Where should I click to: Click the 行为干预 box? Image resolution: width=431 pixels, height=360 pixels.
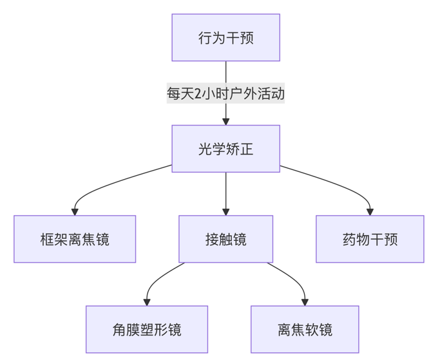coord(225,37)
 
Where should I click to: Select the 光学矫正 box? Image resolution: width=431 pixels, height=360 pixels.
coord(225,149)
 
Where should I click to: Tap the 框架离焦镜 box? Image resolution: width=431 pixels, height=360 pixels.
coord(75,239)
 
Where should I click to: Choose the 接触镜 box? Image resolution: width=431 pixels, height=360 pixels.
coord(225,239)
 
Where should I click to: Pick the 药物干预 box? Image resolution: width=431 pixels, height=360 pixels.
coord(370,239)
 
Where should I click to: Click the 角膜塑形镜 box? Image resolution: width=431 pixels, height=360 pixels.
coord(147,330)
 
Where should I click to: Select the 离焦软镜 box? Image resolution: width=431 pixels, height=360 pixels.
coord(305,330)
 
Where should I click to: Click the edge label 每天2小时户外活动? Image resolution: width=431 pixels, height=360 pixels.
coord(225,93)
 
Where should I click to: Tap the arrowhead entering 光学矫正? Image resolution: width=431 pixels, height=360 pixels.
coord(225,121)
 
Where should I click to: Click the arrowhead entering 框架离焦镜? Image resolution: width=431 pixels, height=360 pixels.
coord(75,211)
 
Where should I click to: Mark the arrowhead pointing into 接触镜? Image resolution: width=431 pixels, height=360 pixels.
coord(225,211)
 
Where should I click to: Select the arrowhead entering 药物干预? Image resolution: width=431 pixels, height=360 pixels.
coord(370,211)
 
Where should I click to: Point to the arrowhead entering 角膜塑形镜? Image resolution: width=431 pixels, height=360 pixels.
coord(147,301)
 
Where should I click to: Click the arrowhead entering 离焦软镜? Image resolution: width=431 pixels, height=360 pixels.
coord(305,301)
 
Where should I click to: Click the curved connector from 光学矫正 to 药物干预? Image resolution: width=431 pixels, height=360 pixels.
coord(335,182)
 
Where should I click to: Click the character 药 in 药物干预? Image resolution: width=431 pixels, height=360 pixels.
coord(349,240)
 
